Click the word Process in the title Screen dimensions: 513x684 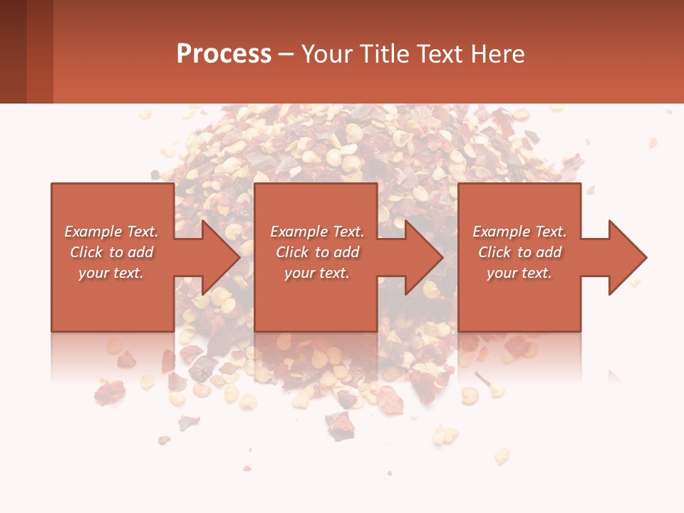(224, 54)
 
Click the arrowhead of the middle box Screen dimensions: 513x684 (423, 257)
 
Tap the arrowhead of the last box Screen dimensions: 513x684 (626, 257)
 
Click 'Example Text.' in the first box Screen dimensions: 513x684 (111, 232)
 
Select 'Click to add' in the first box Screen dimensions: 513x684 (111, 252)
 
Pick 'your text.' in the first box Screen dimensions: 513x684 (111, 273)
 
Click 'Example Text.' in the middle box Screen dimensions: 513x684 (317, 232)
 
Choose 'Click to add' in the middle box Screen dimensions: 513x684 (317, 252)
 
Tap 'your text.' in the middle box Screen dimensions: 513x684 (317, 273)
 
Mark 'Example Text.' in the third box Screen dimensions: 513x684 (519, 232)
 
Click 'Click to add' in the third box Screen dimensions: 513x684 (519, 252)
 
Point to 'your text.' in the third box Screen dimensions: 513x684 (519, 273)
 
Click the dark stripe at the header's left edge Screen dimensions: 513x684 (13, 51)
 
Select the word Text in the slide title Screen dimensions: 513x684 (439, 54)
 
